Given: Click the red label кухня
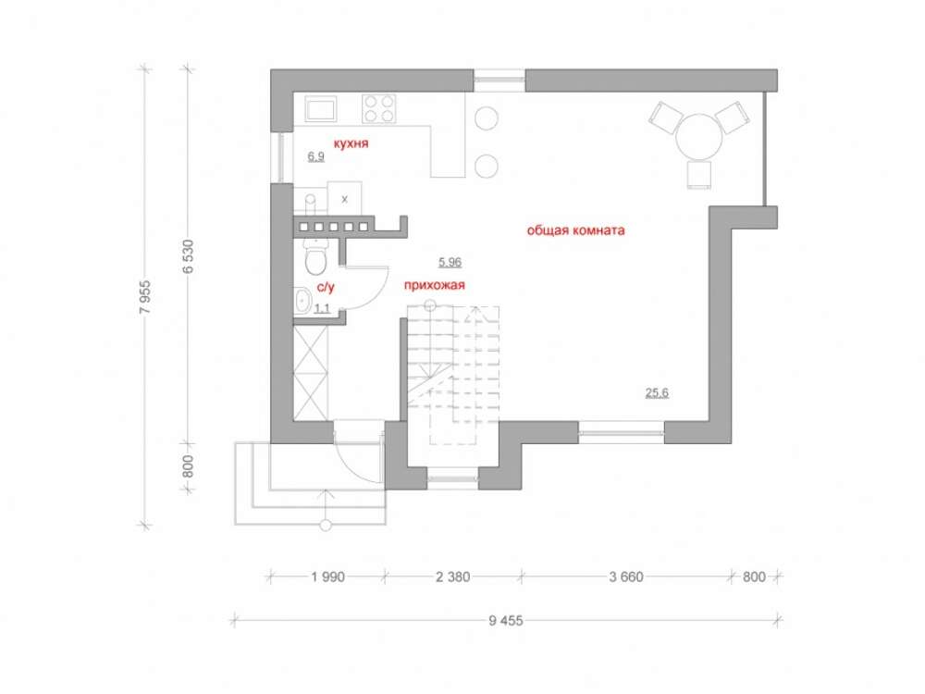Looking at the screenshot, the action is click(351, 143).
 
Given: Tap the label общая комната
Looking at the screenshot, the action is click(575, 230).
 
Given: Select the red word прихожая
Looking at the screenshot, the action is click(435, 285).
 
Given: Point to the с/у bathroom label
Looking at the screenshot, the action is click(326, 288).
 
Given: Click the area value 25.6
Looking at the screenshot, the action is click(657, 392).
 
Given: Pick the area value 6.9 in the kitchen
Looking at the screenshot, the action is click(316, 156).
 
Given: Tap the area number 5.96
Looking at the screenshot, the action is click(450, 262).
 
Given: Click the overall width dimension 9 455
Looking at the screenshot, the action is click(506, 620).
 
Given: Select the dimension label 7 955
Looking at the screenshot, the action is click(146, 296).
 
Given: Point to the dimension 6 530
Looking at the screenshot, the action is click(188, 256).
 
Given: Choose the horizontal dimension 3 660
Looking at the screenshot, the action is click(626, 576).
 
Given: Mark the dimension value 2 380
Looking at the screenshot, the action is click(453, 576).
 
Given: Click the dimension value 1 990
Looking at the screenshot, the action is click(328, 576).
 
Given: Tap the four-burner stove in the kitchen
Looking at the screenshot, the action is click(378, 108).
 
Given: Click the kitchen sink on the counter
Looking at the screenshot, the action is click(320, 109).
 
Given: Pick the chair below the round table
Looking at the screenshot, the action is click(699, 175).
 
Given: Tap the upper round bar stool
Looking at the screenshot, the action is click(487, 118).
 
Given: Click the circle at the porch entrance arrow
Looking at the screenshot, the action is click(325, 526).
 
